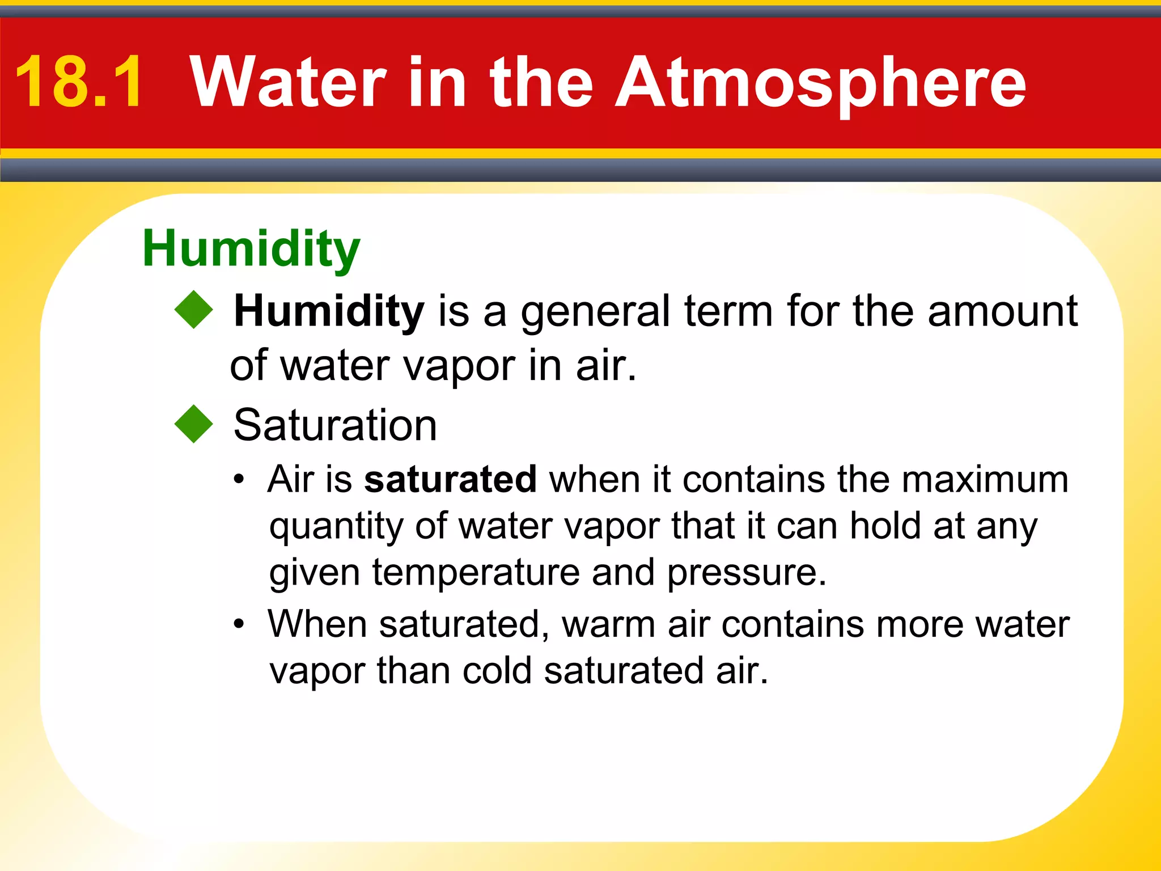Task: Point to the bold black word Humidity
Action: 329,311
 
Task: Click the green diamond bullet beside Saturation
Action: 193,424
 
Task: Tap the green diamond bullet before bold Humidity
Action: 193,310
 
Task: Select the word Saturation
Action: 335,425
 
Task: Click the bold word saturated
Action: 450,479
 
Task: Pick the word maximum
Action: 985,479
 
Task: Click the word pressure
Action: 746,573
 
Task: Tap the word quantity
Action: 336,527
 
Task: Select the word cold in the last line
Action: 497,671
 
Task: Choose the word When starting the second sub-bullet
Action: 317,624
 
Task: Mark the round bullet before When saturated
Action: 239,625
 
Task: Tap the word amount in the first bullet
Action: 1002,311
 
